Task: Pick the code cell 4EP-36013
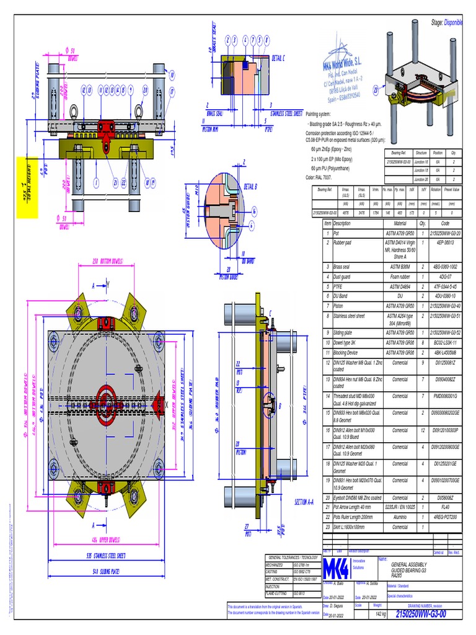point(445,242)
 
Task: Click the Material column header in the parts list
point(395,223)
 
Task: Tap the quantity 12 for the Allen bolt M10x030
point(423,429)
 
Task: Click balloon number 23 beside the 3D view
point(376,90)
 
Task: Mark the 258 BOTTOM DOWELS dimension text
point(109,262)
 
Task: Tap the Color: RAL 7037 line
point(325,177)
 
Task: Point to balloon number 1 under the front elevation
point(96,182)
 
